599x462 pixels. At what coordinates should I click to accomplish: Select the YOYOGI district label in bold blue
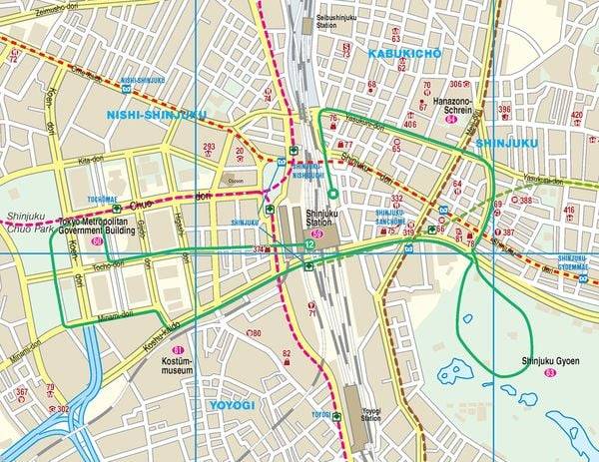click(x=232, y=406)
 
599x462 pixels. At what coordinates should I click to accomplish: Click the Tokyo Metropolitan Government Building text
click(x=95, y=227)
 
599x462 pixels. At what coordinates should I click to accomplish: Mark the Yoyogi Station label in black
click(x=371, y=414)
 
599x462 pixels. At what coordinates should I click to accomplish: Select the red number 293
click(x=209, y=147)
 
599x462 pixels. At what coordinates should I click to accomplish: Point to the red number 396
click(x=504, y=109)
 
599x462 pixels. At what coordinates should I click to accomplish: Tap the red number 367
click(x=21, y=392)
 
